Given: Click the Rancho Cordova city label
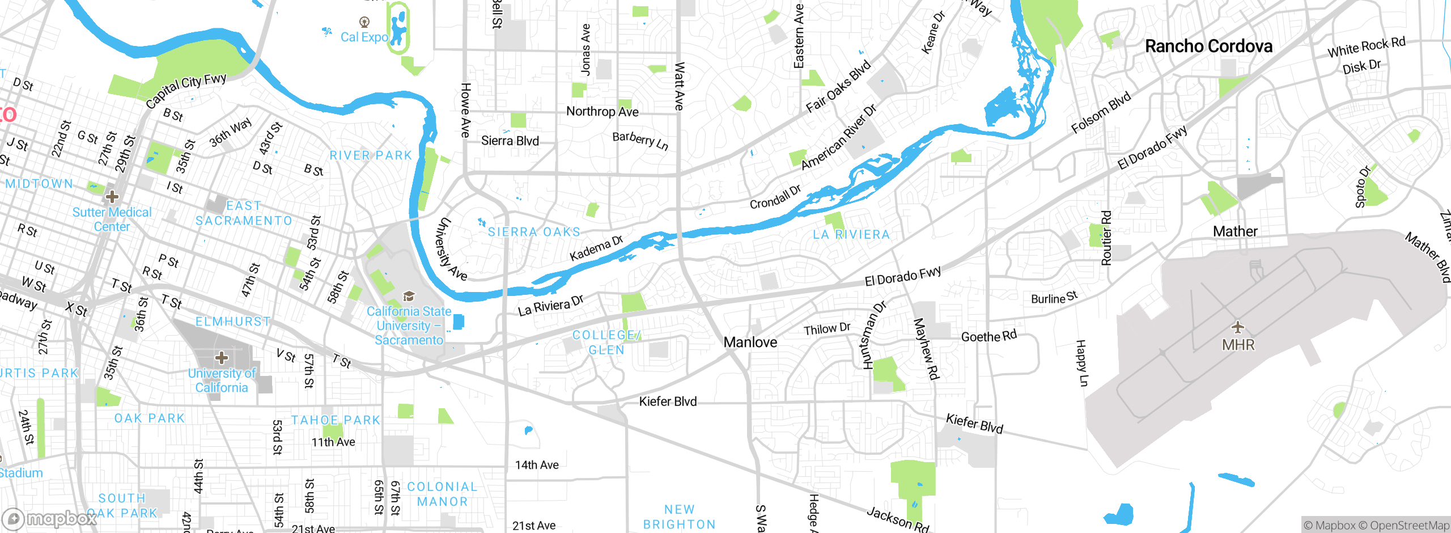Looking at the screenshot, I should tap(1208, 46).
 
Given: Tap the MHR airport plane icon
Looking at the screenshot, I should tap(1238, 327).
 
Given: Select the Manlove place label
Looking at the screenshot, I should tap(750, 342).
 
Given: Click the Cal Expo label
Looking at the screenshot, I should tap(364, 37).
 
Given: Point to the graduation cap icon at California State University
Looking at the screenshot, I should tap(409, 296).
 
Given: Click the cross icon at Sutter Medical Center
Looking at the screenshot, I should tap(112, 197).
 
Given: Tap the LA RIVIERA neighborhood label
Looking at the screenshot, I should tap(851, 235).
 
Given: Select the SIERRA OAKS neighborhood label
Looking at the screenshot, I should tap(534, 232).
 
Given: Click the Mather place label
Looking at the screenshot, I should tap(1235, 231).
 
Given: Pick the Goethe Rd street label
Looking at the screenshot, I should tap(989, 336).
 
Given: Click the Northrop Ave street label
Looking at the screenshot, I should tap(602, 112).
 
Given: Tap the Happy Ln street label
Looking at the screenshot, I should tap(1081, 363).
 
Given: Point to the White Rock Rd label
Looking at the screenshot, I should tap(1366, 47).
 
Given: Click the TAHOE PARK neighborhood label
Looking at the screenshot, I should tap(336, 420).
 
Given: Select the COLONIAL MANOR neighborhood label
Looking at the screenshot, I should tap(443, 494).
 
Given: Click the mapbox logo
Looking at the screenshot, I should tap(50, 518).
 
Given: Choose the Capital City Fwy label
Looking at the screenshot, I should tap(186, 91).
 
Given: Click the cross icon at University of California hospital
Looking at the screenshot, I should tap(222, 358).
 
